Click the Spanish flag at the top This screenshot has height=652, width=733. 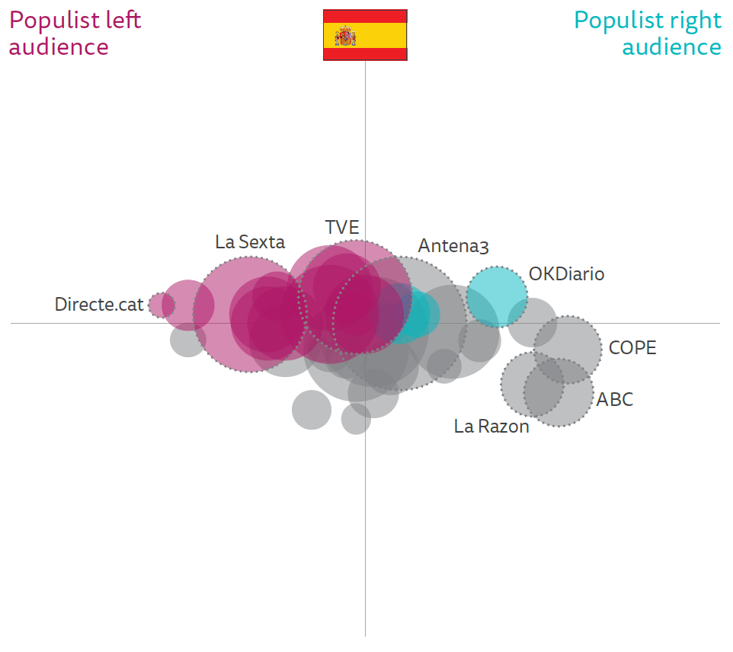(365, 35)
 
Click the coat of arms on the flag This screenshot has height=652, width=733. (347, 35)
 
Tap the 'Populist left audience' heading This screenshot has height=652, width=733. (75, 34)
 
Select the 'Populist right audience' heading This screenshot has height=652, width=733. (648, 34)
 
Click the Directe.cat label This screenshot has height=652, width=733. (99, 305)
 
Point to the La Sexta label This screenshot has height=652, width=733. (250, 242)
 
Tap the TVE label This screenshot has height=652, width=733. (342, 228)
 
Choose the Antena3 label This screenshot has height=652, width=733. (453, 246)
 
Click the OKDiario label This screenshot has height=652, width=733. (566, 274)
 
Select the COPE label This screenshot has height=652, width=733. (632, 348)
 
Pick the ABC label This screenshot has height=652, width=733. (615, 399)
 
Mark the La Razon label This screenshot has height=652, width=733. (491, 427)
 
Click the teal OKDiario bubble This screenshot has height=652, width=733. (497, 296)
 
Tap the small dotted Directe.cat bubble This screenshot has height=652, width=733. (162, 305)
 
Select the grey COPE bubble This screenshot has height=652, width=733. (568, 349)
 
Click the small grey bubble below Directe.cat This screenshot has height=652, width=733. (187, 340)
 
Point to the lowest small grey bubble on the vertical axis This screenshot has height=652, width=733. (356, 419)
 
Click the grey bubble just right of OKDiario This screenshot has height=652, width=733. (532, 321)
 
